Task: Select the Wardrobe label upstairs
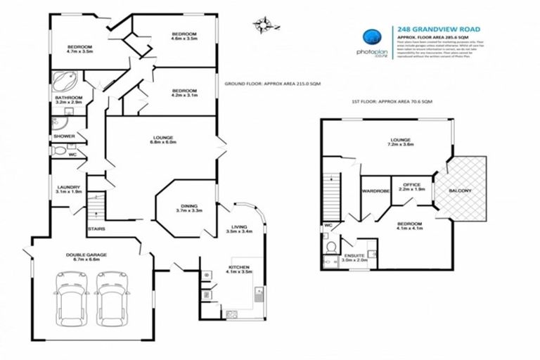click(x=373, y=191)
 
